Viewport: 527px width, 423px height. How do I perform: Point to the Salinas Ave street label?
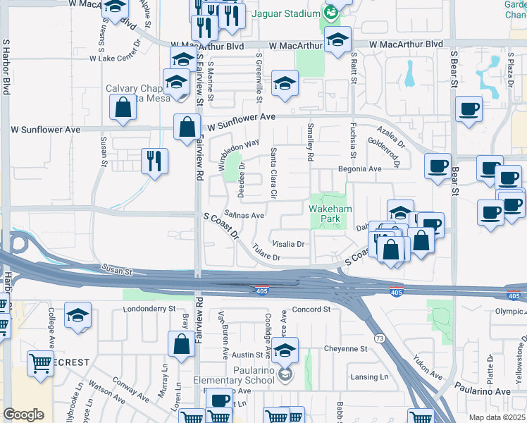[x=244, y=215]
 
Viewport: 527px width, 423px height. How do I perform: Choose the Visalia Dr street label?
[x=288, y=245]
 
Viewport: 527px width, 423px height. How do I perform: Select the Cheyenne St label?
[x=346, y=348]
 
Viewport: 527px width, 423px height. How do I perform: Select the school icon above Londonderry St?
[x=77, y=315]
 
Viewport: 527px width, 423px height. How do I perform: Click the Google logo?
[x=23, y=415]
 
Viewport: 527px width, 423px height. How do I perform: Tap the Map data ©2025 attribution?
[x=497, y=417]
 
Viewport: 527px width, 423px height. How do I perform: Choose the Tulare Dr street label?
[x=267, y=257]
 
